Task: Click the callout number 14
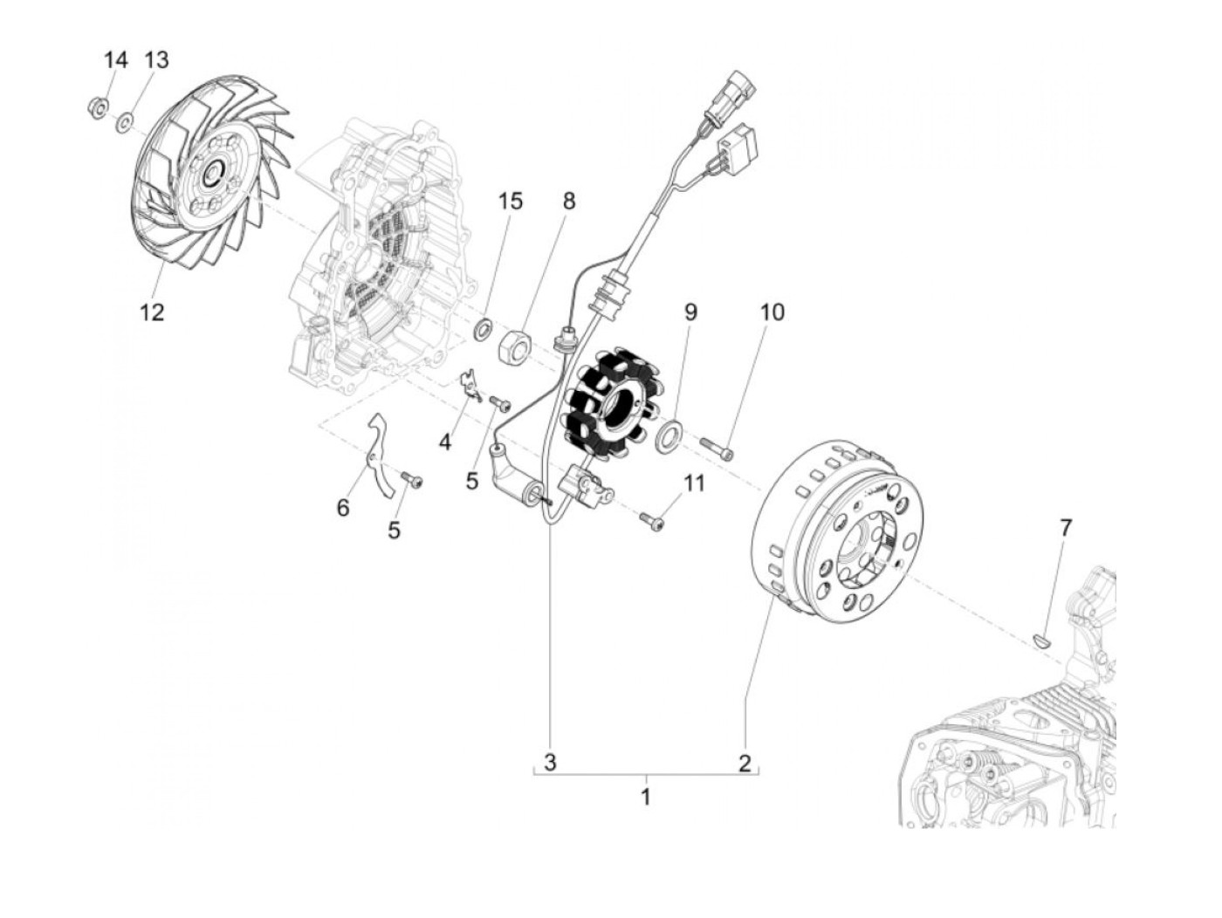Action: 115,60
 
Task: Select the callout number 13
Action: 156,60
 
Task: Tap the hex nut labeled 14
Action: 99,108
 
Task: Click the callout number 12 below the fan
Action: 152,312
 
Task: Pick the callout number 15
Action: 511,201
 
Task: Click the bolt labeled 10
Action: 717,449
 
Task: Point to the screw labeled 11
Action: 652,520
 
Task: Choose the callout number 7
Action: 1065,528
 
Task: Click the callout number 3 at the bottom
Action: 550,762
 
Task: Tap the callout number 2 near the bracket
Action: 744,763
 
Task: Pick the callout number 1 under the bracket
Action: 646,797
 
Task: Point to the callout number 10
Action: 772,312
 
